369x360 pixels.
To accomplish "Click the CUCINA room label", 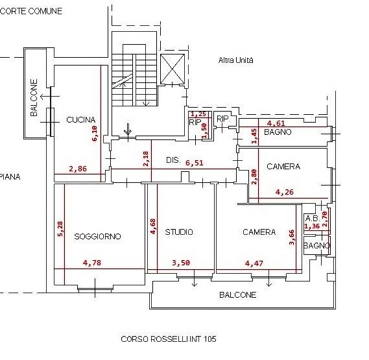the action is pos(80,120).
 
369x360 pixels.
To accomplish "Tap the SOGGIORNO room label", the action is pos(97,236).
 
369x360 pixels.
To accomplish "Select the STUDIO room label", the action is pos(179,232).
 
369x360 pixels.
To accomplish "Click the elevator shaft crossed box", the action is pos(173,69).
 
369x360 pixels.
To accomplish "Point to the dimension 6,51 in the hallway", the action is pos(194,163).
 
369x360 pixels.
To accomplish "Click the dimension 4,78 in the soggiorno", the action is pos(92,263).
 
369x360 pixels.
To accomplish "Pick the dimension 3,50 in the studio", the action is pos(181,263).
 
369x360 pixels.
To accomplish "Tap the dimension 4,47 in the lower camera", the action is pos(254,263).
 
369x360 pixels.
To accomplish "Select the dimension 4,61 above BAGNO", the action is pos(276,123).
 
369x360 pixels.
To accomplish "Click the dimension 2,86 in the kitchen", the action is pos(78,169).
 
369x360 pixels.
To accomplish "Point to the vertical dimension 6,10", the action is pos(95,134).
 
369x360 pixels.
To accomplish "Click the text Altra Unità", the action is pos(236,60).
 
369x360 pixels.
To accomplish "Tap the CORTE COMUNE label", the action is pos(31,11).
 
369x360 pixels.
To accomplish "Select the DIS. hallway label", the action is pos(173,160).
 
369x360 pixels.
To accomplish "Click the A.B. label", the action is pos(312,219).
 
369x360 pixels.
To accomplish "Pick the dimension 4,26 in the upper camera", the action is pos(285,192).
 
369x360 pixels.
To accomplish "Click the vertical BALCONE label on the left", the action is pos(34,97).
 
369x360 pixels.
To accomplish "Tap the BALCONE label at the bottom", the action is pos(238,294).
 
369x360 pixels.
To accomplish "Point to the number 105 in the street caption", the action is pos(210,339).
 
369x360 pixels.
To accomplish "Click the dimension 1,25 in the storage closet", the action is pos(198,114).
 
